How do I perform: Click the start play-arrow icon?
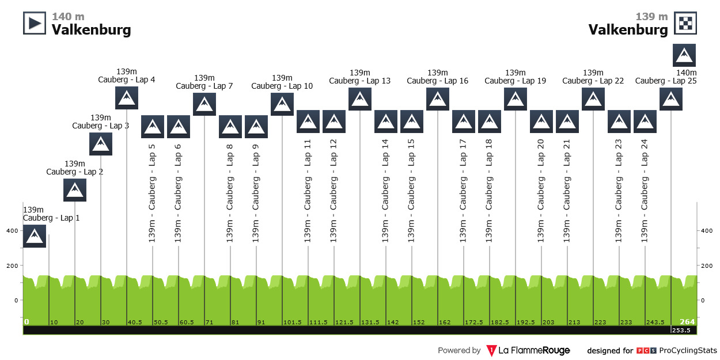(35, 23)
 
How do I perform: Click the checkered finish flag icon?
(685, 23)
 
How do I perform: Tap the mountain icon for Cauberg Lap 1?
(35, 236)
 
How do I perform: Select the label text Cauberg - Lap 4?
(127, 80)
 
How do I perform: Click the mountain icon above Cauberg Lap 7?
(204, 104)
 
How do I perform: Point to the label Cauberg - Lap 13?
(360, 81)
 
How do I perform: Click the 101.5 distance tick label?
(293, 322)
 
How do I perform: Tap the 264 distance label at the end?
(687, 322)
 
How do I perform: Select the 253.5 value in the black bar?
(683, 331)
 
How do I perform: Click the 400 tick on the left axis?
(12, 231)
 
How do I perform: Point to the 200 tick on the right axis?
(707, 266)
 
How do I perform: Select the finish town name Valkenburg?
(628, 29)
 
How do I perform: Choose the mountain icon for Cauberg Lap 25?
(671, 98)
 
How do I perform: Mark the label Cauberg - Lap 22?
(593, 81)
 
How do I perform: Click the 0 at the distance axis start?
(26, 322)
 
